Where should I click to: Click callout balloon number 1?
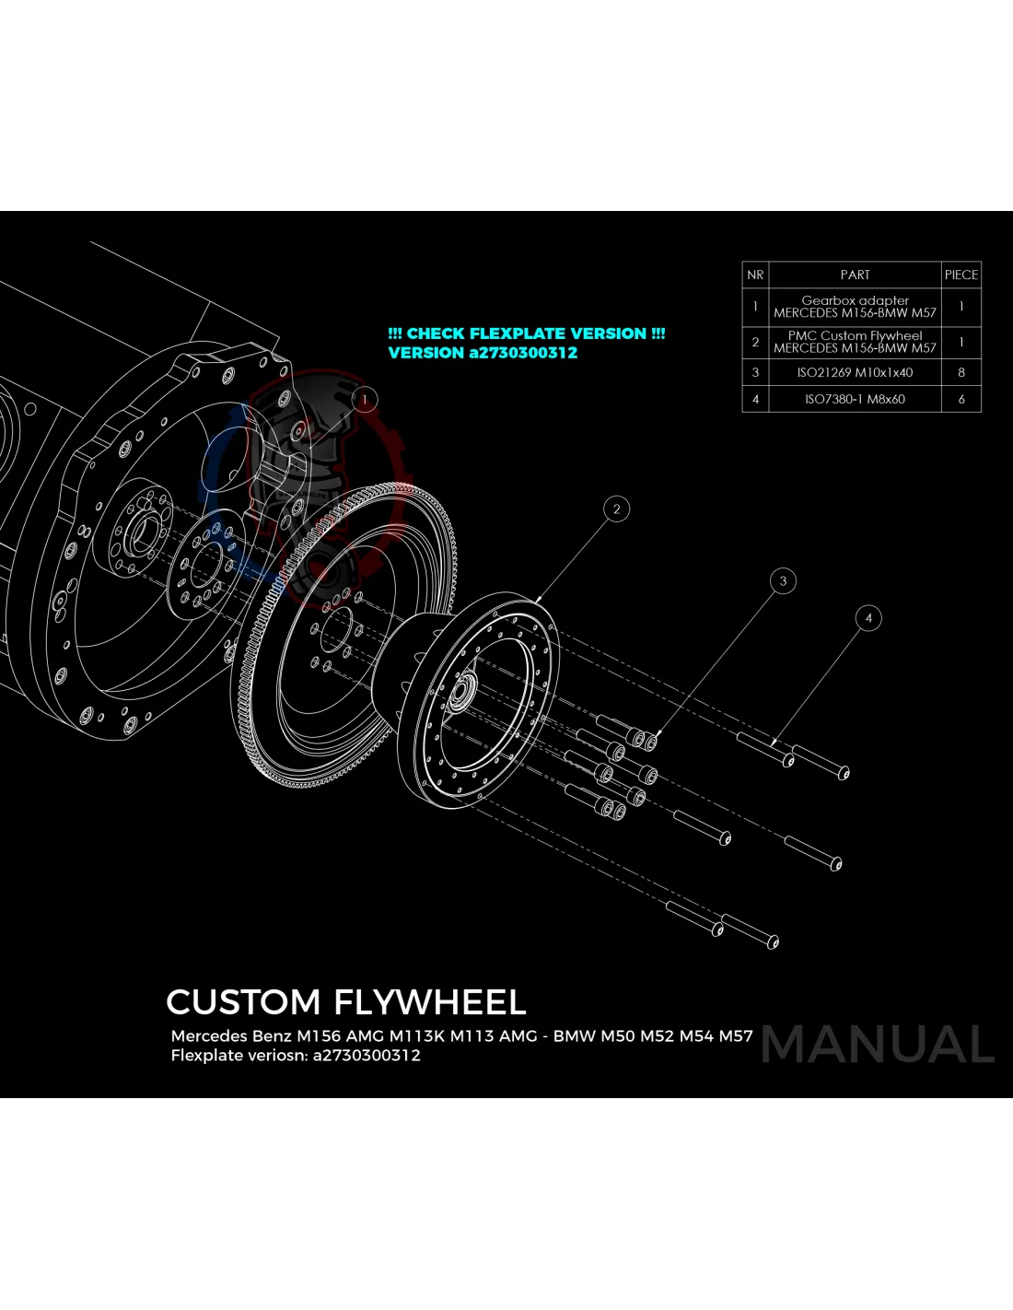[365, 399]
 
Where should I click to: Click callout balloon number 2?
[617, 509]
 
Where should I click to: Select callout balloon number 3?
[783, 580]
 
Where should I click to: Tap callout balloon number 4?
[868, 618]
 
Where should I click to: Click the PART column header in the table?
[855, 275]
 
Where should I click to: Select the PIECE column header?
[961, 275]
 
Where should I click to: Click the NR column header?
[755, 275]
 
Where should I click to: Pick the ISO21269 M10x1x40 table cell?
[855, 372]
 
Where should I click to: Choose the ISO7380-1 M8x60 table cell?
[855, 399]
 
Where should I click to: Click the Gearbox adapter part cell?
[855, 307]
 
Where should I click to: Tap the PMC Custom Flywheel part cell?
[855, 342]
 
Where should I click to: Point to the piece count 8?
[961, 372]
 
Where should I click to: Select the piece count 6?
[961, 399]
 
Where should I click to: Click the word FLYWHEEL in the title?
[430, 1002]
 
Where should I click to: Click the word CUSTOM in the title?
[243, 1002]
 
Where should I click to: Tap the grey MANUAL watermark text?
[878, 1045]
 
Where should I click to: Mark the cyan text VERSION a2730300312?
[483, 353]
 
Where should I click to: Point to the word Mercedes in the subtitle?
[209, 1036]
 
